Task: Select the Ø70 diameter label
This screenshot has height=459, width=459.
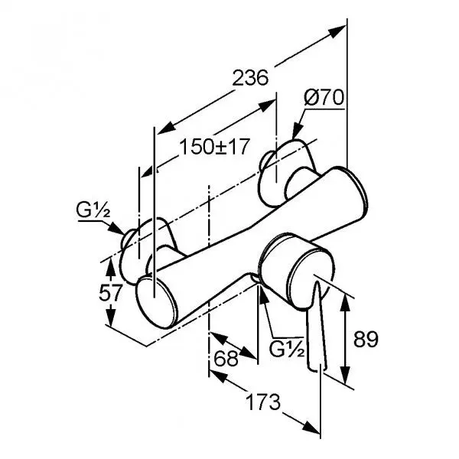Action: click(x=325, y=98)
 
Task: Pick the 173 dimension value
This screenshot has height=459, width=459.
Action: click(x=262, y=401)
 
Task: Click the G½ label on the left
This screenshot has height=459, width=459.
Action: click(x=90, y=209)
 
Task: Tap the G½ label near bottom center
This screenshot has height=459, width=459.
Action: click(x=289, y=350)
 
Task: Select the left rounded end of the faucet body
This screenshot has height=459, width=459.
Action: click(x=156, y=300)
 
